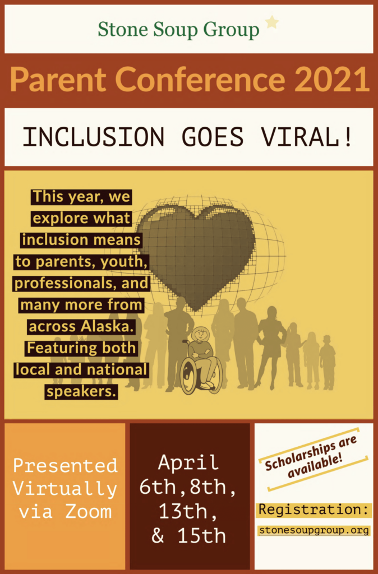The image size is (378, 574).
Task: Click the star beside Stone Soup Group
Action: (x=272, y=22)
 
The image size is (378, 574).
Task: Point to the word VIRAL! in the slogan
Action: (x=307, y=137)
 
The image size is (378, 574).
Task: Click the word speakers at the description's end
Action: (x=81, y=392)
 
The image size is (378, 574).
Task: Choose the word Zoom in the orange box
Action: (x=88, y=511)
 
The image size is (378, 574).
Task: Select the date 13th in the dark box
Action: (x=187, y=511)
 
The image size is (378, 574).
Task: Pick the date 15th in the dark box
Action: (x=201, y=535)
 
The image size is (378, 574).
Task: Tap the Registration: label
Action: (x=314, y=509)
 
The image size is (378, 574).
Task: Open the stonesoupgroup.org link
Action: (x=314, y=530)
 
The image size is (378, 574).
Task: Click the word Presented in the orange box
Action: (x=65, y=465)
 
